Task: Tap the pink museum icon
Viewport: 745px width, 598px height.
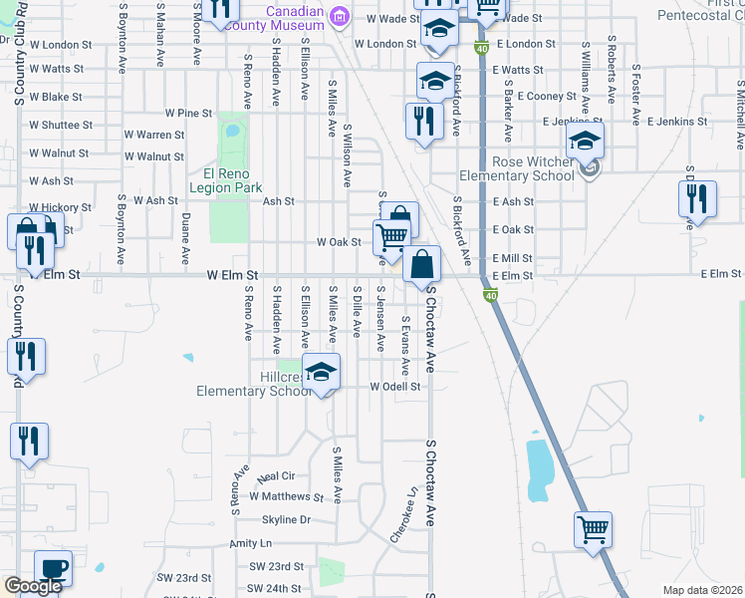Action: [340, 15]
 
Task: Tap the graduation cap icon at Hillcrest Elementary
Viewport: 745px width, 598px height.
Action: [320, 374]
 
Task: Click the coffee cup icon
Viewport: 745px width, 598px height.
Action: [53, 568]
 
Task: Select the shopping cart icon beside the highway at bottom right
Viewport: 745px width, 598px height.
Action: [593, 529]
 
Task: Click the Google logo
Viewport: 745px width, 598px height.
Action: [33, 586]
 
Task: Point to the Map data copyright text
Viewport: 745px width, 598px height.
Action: [702, 590]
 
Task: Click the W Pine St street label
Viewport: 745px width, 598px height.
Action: [189, 114]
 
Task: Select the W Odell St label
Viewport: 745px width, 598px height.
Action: [395, 387]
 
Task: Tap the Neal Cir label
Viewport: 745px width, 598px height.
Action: [277, 476]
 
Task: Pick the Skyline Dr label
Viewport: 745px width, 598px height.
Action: [286, 520]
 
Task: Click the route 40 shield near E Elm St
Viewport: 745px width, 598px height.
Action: [490, 296]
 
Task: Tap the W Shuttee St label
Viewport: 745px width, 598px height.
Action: [61, 126]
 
